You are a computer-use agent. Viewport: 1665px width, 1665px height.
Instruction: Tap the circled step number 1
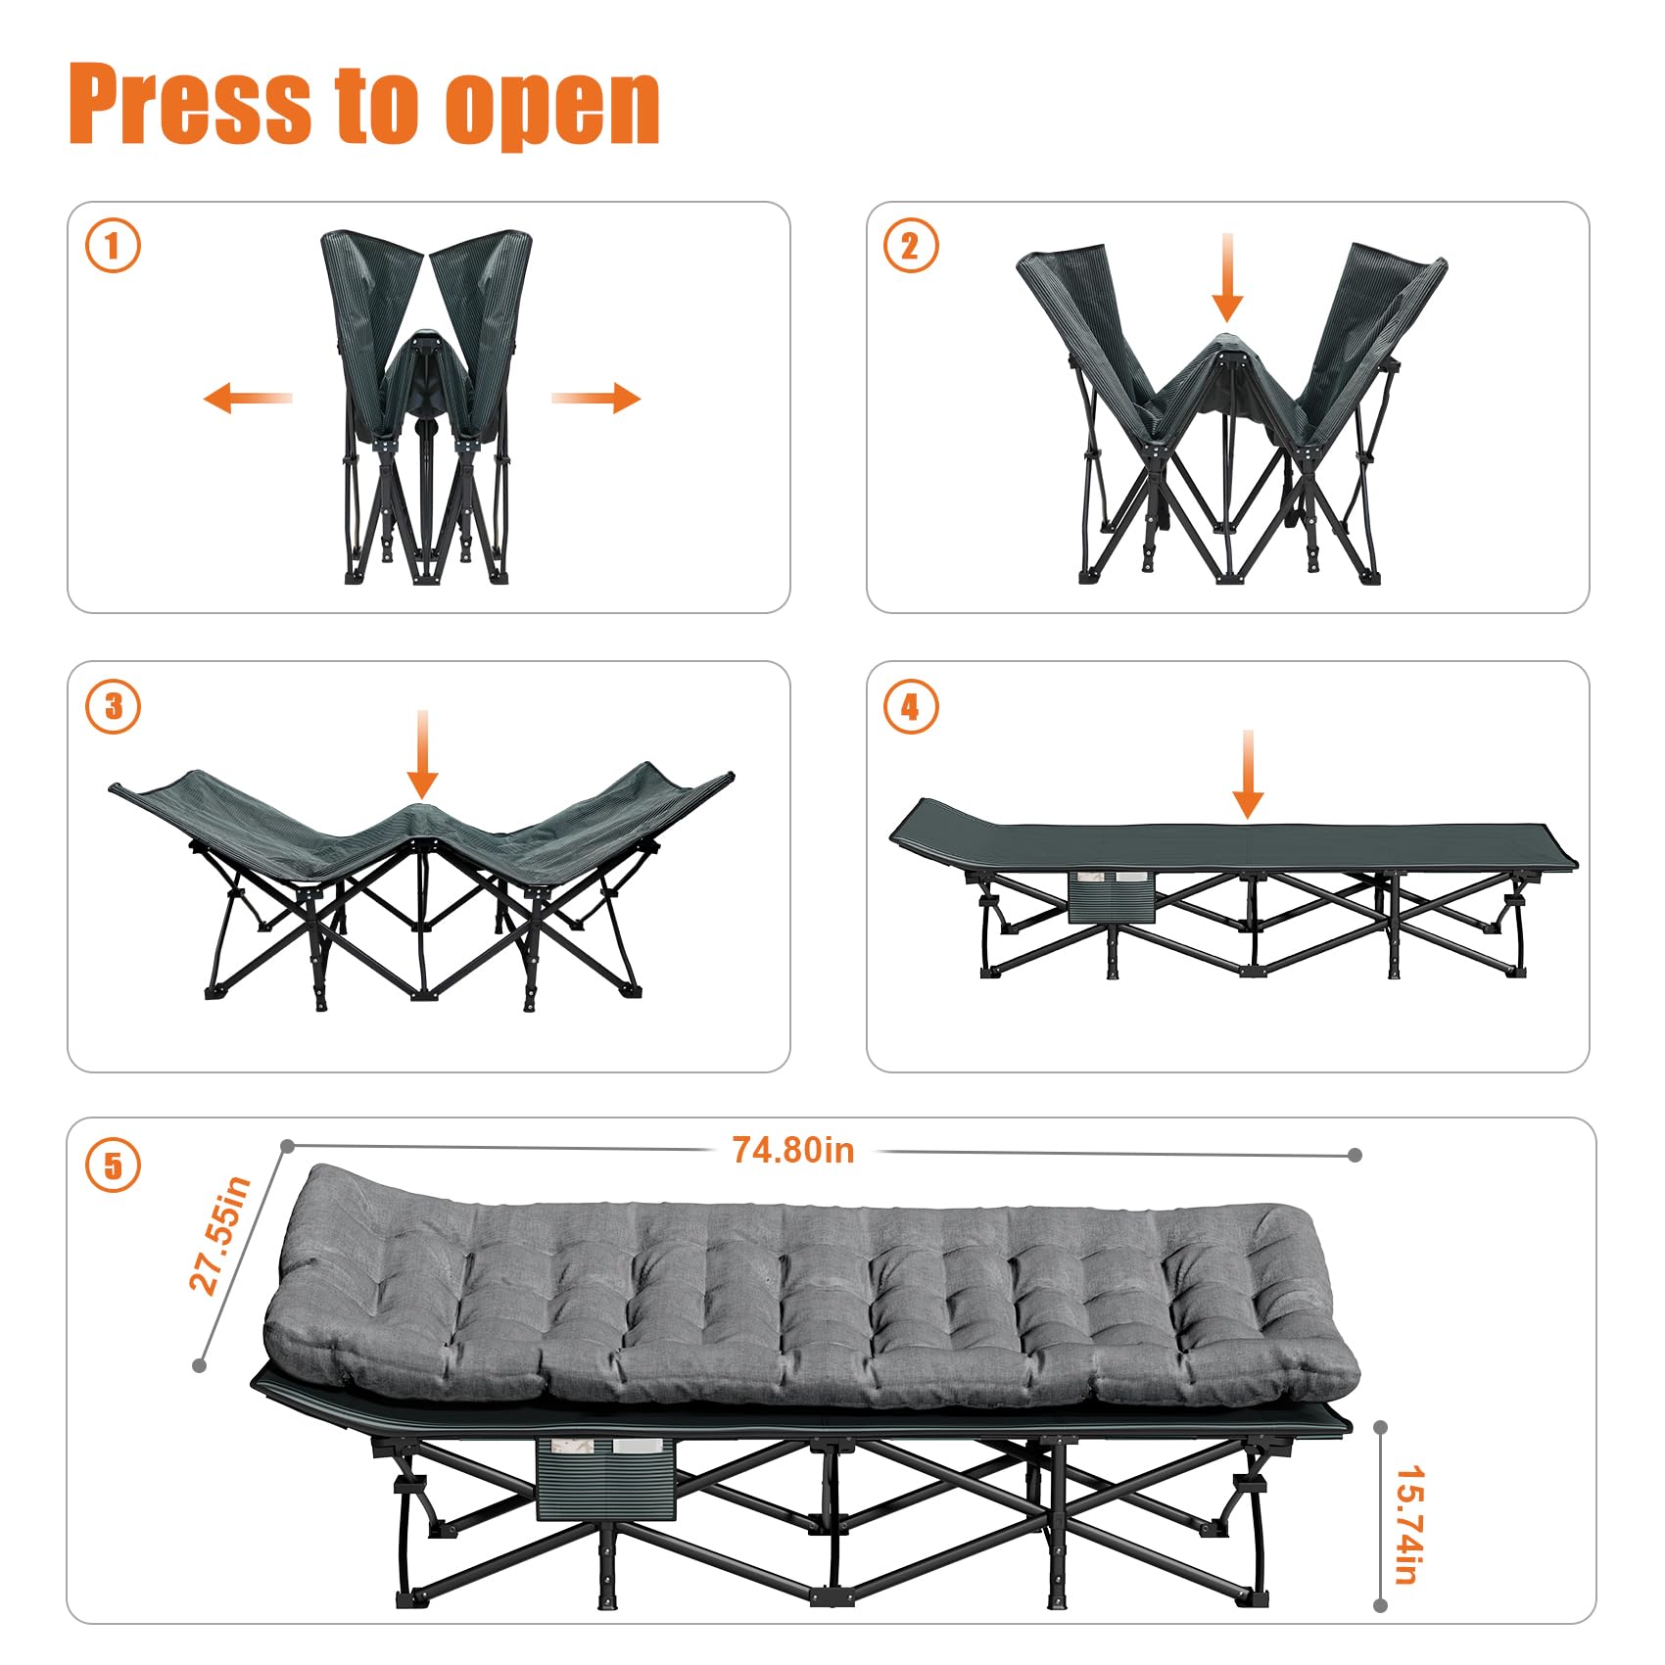click(x=113, y=245)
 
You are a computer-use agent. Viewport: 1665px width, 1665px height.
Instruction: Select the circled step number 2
click(x=911, y=245)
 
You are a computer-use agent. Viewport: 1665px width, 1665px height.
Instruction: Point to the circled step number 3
click(x=113, y=706)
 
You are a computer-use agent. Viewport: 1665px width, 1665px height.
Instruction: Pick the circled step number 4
click(x=911, y=706)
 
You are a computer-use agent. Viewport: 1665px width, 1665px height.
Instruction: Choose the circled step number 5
click(x=113, y=1165)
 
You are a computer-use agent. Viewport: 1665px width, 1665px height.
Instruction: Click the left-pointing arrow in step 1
click(x=248, y=398)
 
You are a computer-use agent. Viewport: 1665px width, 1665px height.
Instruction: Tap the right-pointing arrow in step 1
click(x=595, y=398)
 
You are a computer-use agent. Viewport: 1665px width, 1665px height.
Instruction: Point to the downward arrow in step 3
click(x=422, y=754)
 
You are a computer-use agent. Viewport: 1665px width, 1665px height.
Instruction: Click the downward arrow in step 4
click(x=1247, y=774)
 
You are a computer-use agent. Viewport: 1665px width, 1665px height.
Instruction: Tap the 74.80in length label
click(x=793, y=1150)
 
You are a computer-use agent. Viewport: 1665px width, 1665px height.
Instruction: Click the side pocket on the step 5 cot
click(x=606, y=1479)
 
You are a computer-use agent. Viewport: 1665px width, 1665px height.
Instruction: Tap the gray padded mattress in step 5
click(x=811, y=1286)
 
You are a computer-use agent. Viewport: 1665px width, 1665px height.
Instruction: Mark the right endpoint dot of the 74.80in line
click(x=1355, y=1156)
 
